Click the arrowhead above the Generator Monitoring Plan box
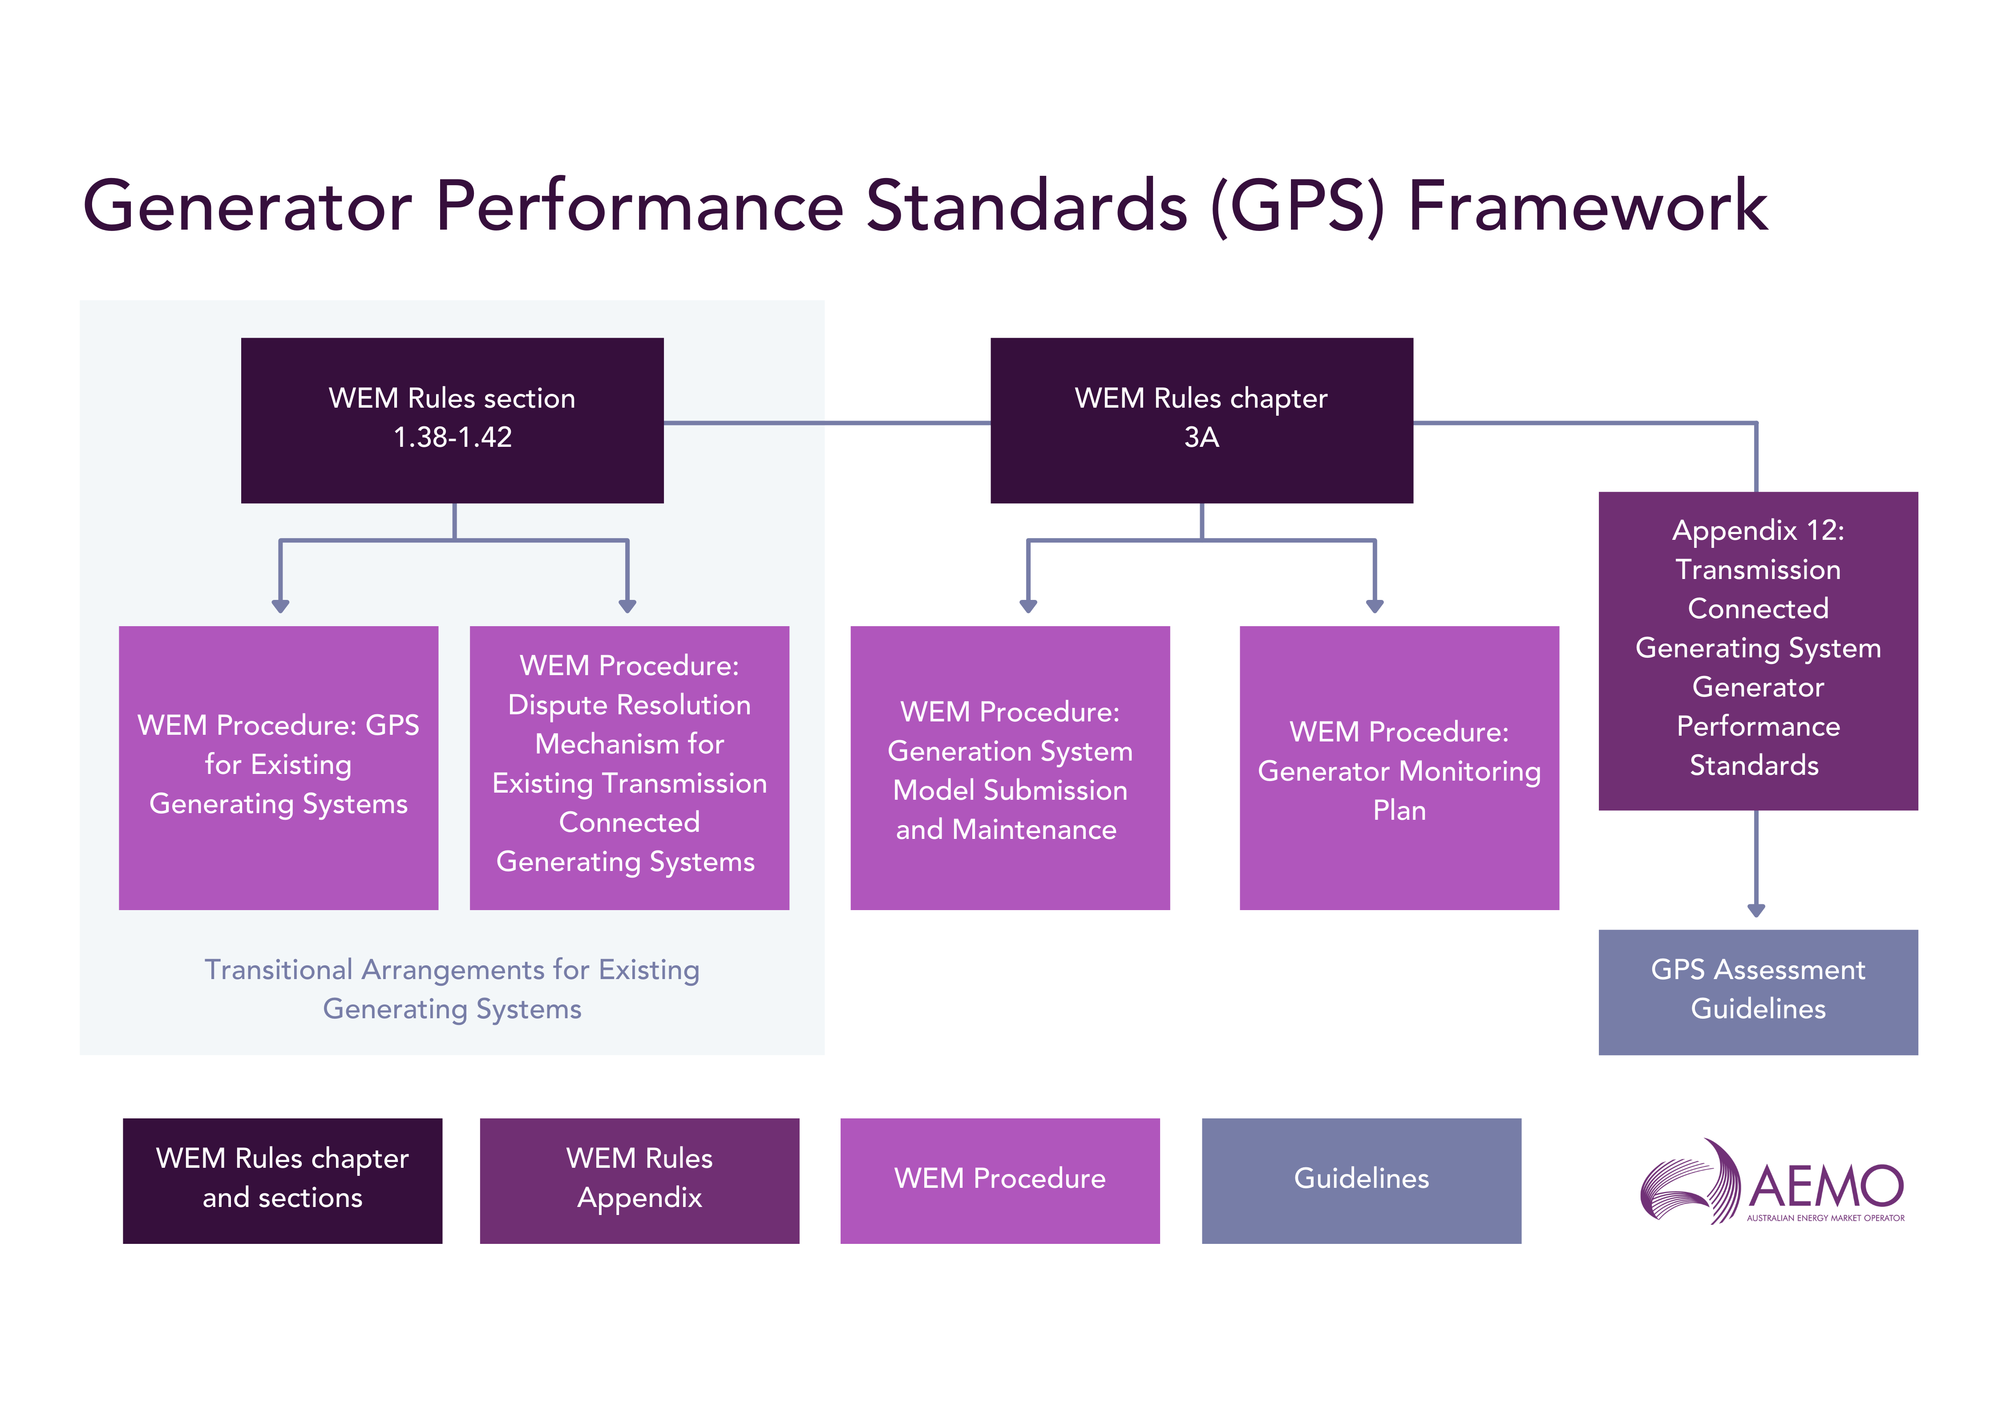pyautogui.click(x=1375, y=606)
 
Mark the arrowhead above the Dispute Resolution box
pyautogui.click(x=627, y=606)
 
